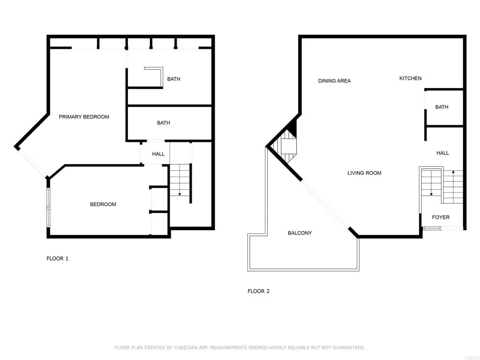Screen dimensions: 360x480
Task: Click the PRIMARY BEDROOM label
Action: (x=84, y=117)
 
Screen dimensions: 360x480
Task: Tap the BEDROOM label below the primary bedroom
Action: (x=103, y=204)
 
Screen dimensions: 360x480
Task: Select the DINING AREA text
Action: (x=334, y=81)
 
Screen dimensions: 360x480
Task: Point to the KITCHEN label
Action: (x=410, y=78)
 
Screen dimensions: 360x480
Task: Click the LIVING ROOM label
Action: (x=364, y=173)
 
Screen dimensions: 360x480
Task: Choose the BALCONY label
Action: (x=300, y=233)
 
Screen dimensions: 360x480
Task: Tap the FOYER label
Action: (x=441, y=217)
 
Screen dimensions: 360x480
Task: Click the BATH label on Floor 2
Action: (x=442, y=107)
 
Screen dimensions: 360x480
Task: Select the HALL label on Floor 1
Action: (x=158, y=154)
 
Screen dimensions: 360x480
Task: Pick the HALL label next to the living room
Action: (x=442, y=153)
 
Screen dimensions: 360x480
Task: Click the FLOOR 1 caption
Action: (x=58, y=258)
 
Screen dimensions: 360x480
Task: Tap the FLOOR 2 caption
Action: (x=258, y=291)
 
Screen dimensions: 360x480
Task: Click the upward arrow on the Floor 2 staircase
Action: (x=453, y=173)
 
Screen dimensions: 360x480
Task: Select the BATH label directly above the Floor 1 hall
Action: (x=164, y=123)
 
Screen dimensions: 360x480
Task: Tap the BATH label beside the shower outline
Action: (x=173, y=79)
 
